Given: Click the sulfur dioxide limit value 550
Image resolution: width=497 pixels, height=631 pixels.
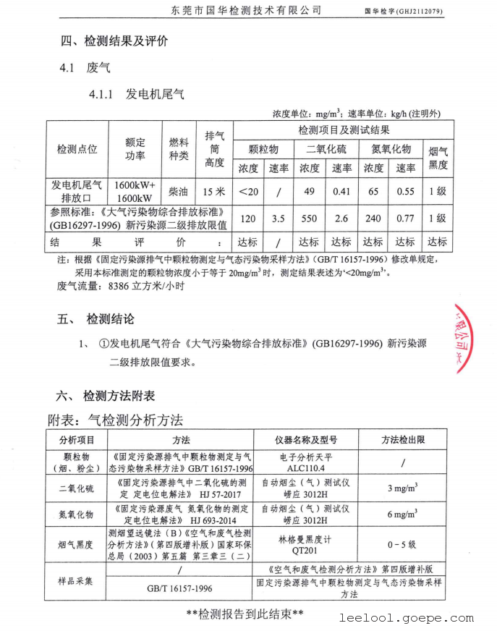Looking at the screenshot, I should [310, 218].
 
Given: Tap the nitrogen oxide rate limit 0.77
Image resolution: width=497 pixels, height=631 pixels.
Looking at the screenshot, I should [405, 218].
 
